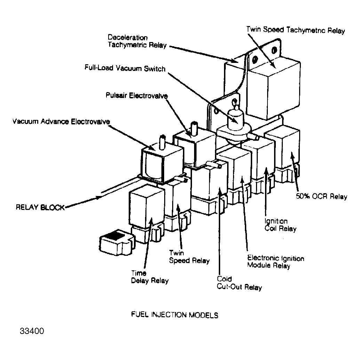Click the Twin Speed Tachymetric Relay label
tap(295, 30)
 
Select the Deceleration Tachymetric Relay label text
tap(137, 41)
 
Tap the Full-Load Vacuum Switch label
tap(125, 68)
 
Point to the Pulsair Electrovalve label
tap(137, 95)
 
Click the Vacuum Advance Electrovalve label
tap(61, 121)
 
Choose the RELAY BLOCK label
tap(40, 207)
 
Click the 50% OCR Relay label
tap(321, 196)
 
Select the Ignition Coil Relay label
tap(280, 225)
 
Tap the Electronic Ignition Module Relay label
tap(275, 262)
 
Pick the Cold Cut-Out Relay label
tap(239, 283)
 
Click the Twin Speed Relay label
tap(189, 257)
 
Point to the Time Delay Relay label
tap(150, 277)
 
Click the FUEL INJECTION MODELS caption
tap(175, 315)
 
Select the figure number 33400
tap(32, 331)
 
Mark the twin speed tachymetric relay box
tap(273, 88)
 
